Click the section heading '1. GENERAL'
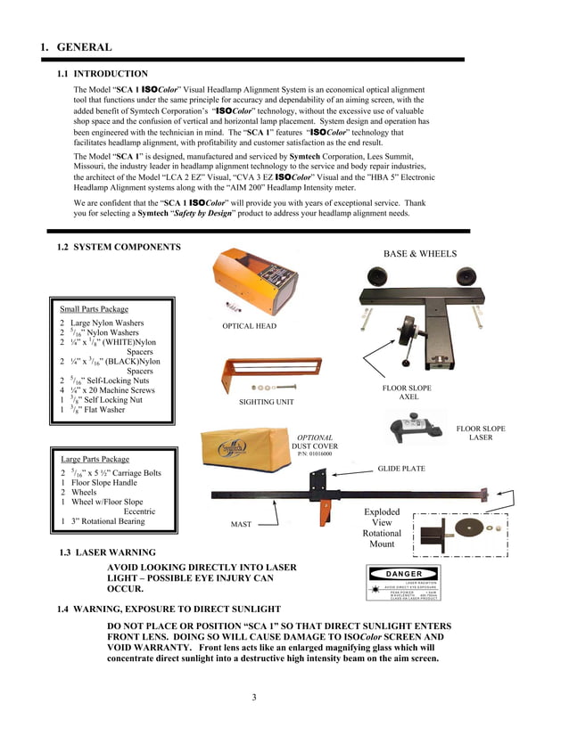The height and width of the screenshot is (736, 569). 76,47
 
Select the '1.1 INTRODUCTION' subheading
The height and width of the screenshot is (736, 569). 103,74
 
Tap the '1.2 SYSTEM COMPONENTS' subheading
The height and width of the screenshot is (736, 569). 119,247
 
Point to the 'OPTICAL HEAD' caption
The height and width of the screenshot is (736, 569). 250,326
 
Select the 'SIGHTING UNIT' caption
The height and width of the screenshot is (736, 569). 267,403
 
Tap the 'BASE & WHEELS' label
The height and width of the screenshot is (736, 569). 420,254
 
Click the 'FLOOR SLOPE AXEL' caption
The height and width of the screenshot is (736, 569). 408,393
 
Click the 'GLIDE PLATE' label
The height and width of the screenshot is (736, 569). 401,468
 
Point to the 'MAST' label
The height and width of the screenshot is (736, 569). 241,525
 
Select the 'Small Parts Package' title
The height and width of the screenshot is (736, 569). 94,309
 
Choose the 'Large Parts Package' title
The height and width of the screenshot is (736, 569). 95,459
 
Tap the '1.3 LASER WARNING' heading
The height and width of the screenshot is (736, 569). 106,552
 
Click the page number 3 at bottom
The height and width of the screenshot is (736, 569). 254,697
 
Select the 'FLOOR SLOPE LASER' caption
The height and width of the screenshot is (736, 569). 480,433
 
